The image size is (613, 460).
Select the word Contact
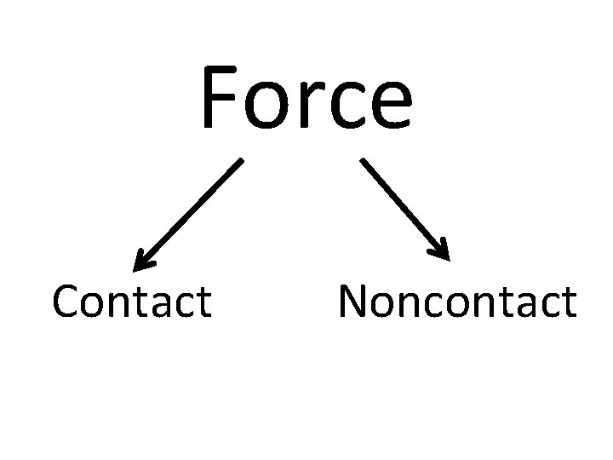(x=131, y=302)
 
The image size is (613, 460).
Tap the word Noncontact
(x=457, y=302)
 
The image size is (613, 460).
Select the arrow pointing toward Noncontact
(x=405, y=207)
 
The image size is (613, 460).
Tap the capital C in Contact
(x=66, y=302)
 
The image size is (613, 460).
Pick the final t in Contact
(x=204, y=302)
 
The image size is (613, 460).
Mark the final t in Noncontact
(x=569, y=302)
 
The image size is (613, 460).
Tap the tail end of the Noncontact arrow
(x=364, y=159)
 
